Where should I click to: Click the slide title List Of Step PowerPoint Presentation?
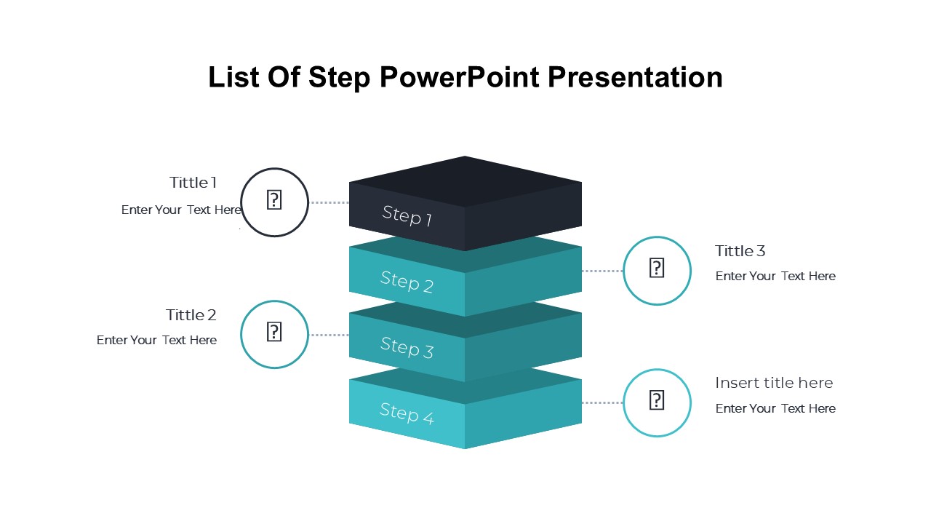click(x=465, y=77)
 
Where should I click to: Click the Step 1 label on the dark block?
click(x=407, y=215)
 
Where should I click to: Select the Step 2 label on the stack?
click(x=407, y=282)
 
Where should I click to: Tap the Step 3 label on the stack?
click(x=407, y=347)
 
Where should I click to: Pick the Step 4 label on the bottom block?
click(x=407, y=413)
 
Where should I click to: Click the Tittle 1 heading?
click(x=193, y=183)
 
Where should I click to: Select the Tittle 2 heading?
click(x=191, y=315)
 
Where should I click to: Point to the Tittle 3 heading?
click(x=740, y=251)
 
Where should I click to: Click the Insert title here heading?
click(x=774, y=383)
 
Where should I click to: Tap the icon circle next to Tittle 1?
click(x=275, y=202)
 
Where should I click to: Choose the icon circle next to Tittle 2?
click(x=275, y=334)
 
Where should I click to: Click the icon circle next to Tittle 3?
click(x=657, y=271)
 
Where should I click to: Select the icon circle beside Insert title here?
click(x=657, y=402)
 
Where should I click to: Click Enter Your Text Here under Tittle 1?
click(x=181, y=210)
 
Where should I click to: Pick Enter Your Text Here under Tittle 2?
click(x=156, y=340)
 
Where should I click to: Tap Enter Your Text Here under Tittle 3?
click(x=775, y=276)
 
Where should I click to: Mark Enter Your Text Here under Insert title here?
click(x=775, y=408)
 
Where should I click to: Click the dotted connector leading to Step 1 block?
click(x=329, y=202)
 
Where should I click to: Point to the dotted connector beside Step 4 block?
click(x=602, y=402)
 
